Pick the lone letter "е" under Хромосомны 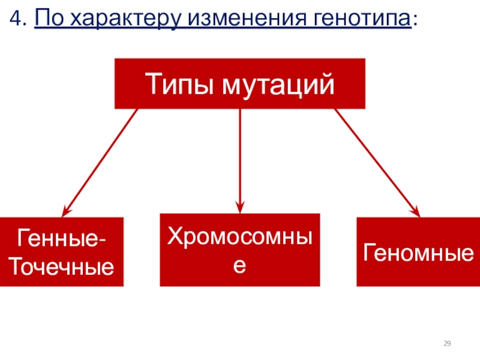(239, 264)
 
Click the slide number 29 (447, 343)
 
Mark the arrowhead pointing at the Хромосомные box (239, 207)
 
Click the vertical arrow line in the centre (239, 156)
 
